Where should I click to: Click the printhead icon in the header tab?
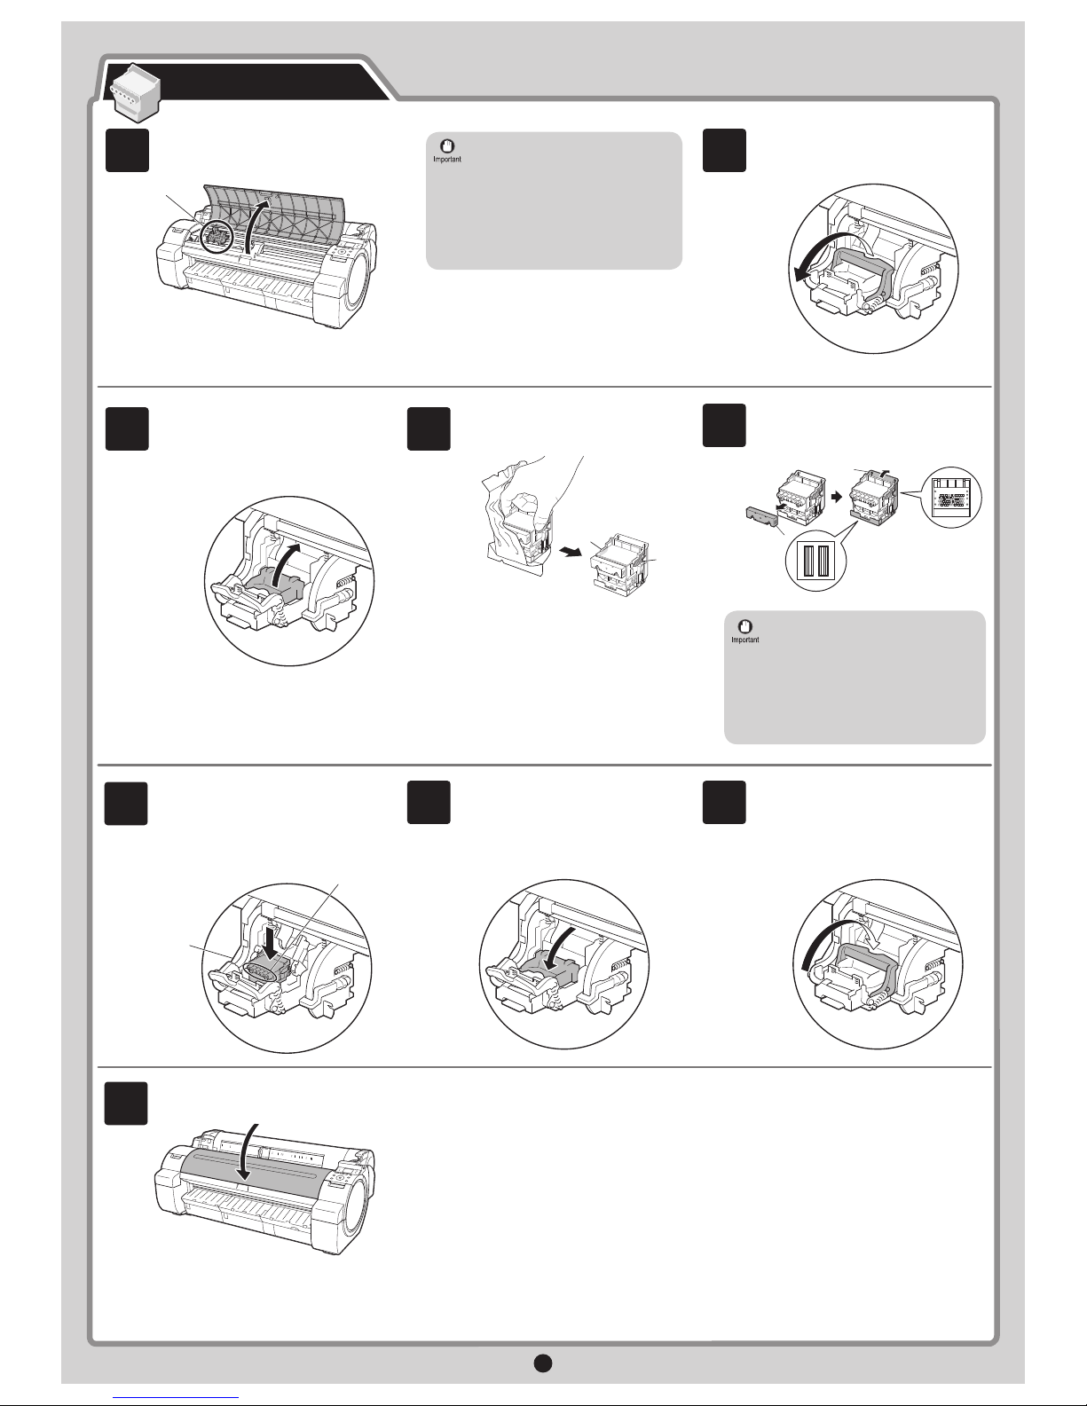point(131,89)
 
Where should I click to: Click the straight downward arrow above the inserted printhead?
point(269,934)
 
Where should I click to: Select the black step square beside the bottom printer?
point(126,1102)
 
